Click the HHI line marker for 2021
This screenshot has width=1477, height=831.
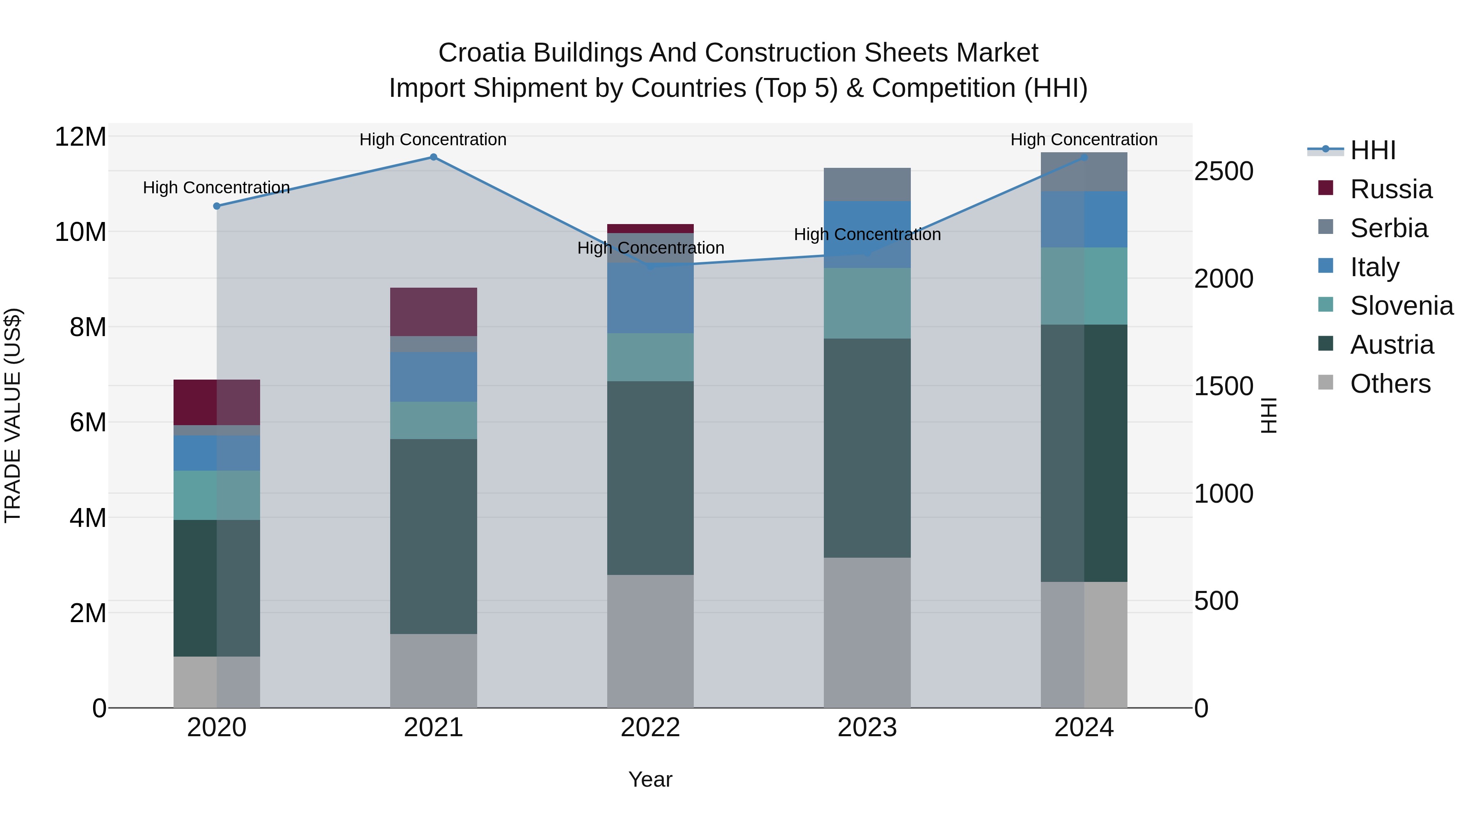click(434, 157)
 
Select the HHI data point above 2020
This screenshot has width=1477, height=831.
click(217, 206)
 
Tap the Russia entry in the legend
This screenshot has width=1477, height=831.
click(1390, 189)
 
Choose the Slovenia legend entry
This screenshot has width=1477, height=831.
click(1401, 306)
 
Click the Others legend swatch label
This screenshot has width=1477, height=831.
click(1390, 384)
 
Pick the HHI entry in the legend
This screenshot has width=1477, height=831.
click(1372, 150)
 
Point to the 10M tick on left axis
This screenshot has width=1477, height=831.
click(80, 232)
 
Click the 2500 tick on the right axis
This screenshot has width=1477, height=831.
click(1223, 172)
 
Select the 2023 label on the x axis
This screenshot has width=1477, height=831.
click(867, 728)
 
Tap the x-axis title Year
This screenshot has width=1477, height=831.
click(650, 779)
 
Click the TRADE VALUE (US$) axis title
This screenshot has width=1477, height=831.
click(13, 415)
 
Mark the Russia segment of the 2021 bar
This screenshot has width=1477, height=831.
click(434, 311)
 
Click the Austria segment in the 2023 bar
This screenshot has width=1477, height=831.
click(867, 447)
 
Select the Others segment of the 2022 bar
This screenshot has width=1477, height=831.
click(650, 641)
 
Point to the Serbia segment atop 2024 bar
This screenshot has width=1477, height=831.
click(1084, 172)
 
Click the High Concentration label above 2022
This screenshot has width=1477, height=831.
click(650, 248)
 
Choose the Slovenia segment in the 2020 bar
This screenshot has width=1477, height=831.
click(217, 495)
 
